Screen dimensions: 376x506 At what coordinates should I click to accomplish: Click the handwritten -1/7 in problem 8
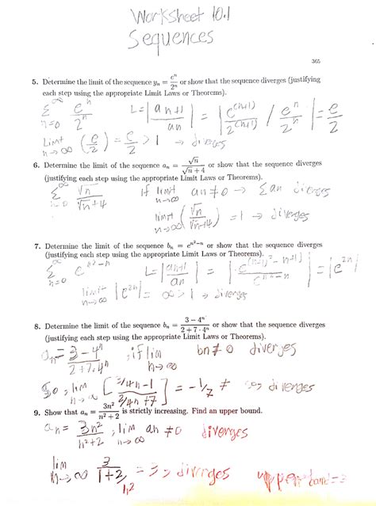pos(200,389)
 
